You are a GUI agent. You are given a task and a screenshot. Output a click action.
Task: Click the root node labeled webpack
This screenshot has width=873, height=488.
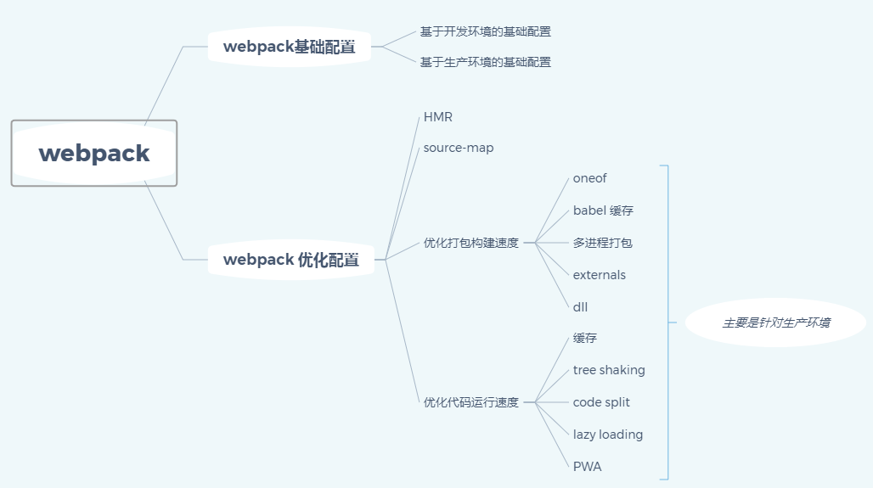coord(93,154)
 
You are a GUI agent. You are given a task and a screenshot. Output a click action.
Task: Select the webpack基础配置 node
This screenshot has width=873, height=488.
coord(290,47)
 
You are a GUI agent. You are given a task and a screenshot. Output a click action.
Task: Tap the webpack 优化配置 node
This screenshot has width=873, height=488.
coord(290,260)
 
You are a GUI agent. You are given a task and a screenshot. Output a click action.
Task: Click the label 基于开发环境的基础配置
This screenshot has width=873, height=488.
coord(485,31)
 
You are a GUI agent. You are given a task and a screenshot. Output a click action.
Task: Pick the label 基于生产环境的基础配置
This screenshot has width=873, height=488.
coord(485,62)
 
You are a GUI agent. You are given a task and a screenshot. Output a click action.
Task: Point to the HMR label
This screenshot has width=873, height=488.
coord(438,117)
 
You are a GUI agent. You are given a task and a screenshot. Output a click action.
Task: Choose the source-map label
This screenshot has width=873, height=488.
coord(459,148)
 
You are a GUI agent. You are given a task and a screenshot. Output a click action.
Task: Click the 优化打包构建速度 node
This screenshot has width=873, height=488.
coord(470,243)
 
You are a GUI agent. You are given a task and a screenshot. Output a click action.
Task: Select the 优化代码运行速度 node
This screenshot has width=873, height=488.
coord(470,402)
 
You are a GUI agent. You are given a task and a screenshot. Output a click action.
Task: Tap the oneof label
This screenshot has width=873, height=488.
coord(589,178)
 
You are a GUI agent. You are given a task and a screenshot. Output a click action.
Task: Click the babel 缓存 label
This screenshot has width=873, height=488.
coord(603,210)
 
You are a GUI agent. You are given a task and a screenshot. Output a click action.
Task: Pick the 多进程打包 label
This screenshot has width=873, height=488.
coord(602,243)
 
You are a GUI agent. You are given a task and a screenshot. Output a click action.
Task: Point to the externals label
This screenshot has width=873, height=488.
coord(599,275)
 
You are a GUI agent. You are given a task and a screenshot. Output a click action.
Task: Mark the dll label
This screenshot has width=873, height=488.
coord(580,307)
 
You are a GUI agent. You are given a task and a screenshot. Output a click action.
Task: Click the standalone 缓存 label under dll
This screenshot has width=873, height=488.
coord(584,338)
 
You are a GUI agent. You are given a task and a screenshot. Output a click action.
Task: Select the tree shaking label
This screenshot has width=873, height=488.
coord(609,370)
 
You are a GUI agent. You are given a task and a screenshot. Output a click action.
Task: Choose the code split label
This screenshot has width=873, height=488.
coord(601,402)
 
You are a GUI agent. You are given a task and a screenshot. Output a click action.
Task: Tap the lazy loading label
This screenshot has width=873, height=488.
coord(607,435)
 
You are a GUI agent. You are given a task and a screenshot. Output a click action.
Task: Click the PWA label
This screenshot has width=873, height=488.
coord(587,467)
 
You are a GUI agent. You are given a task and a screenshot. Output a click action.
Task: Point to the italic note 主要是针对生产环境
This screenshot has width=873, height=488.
coord(775,323)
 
